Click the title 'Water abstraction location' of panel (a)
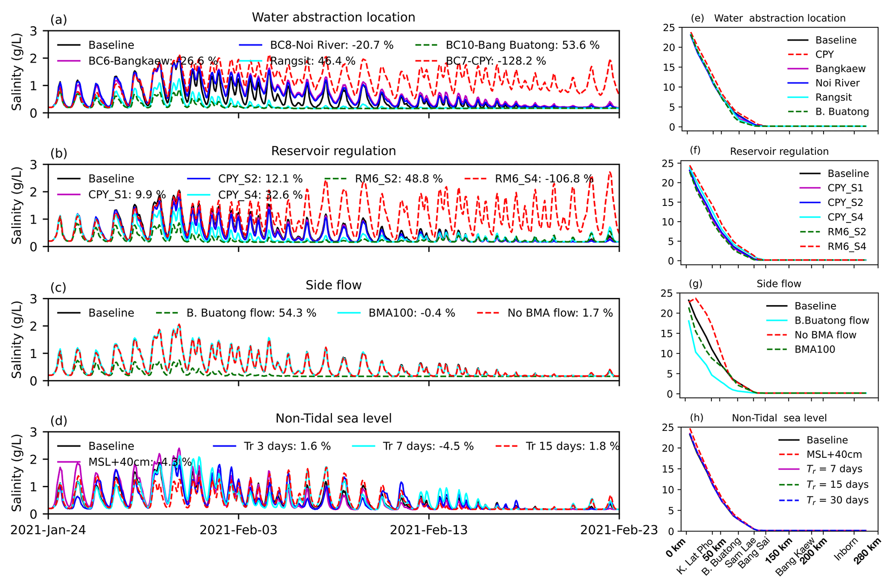[333, 17]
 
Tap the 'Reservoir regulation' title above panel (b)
[333, 151]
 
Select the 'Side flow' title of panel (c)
[333, 285]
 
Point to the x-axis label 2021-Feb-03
[238, 530]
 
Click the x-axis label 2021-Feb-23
[619, 530]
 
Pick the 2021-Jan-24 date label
[48, 530]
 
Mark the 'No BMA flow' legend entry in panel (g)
[825, 335]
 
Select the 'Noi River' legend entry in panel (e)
[837, 83]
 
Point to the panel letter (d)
[59, 421]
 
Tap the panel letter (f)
[695, 150]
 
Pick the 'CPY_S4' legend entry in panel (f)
[845, 217]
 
